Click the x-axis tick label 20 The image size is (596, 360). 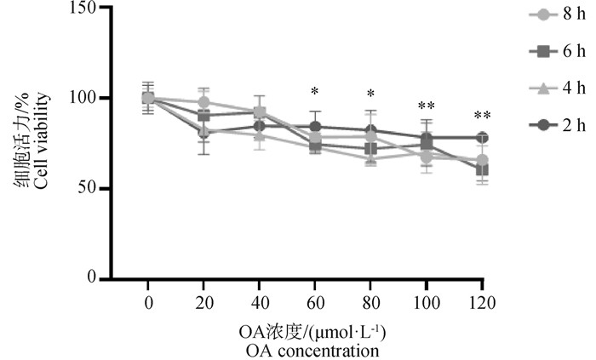pyautogui.click(x=203, y=301)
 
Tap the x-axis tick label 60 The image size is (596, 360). pyautogui.click(x=315, y=301)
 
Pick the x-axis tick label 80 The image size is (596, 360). pyautogui.click(x=370, y=301)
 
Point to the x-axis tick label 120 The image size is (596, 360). pyautogui.click(x=482, y=301)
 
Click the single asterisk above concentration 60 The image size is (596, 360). pyautogui.click(x=315, y=91)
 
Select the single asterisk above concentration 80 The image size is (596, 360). pyautogui.click(x=370, y=94)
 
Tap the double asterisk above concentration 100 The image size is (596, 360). pyautogui.click(x=427, y=106)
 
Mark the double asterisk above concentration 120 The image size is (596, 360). pyautogui.click(x=482, y=116)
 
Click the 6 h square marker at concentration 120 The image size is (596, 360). pyautogui.click(x=482, y=169)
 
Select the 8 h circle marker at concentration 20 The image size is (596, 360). pyautogui.click(x=203, y=102)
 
